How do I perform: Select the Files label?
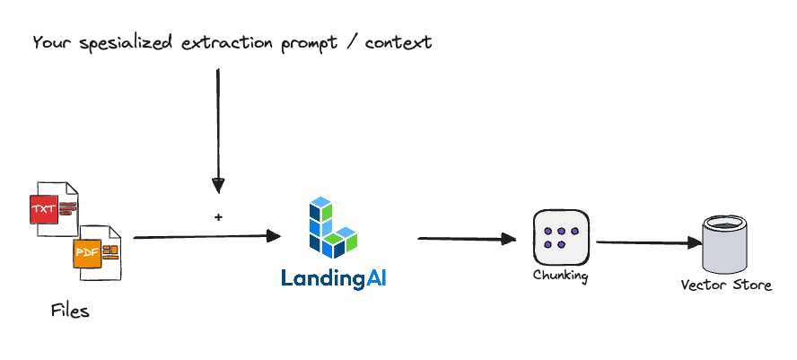pyautogui.click(x=70, y=312)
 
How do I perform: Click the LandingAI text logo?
pyautogui.click(x=333, y=278)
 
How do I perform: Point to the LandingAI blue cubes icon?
pyautogui.click(x=331, y=224)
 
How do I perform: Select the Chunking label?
pyautogui.click(x=560, y=276)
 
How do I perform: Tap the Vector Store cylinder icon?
pyautogui.click(x=725, y=244)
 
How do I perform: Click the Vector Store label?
pyautogui.click(x=726, y=285)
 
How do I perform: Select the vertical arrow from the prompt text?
pyautogui.click(x=217, y=126)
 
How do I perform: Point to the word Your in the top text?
pyautogui.click(x=49, y=42)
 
